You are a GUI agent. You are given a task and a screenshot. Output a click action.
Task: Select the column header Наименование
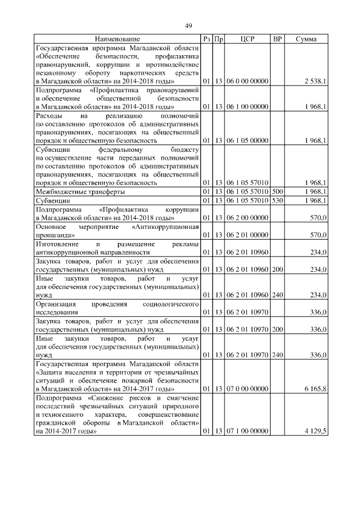coord(117,39)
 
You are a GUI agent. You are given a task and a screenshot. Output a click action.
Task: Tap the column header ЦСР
coord(247,39)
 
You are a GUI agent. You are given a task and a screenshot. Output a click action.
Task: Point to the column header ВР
coord(277,39)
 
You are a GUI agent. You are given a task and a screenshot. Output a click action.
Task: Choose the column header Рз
coord(206,39)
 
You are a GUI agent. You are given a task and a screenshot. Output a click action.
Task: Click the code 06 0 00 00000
coord(247,82)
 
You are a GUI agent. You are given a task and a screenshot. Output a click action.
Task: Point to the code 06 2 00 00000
coord(247,218)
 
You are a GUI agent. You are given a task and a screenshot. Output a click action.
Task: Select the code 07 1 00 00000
coord(247,431)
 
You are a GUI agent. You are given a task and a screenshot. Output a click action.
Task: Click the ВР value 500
coord(277,191)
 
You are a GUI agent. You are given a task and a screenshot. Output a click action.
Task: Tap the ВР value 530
coord(277,200)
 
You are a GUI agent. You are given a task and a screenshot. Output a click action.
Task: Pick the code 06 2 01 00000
coord(247,235)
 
